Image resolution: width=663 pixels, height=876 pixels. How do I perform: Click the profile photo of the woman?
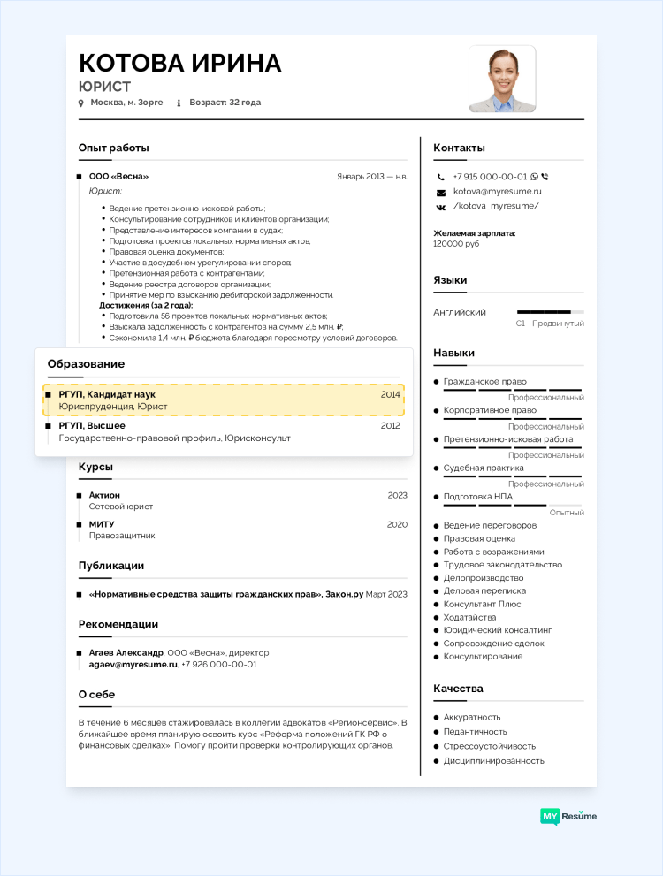click(502, 79)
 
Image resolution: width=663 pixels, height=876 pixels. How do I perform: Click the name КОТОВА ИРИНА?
click(180, 63)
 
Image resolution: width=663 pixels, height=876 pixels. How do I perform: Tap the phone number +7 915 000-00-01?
click(490, 177)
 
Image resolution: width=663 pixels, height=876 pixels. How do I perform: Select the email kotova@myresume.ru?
click(497, 191)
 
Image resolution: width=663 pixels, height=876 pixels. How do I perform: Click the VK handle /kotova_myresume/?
click(495, 206)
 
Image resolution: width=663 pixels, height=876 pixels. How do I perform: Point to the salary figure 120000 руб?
click(456, 243)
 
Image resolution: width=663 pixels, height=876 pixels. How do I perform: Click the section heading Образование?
click(86, 364)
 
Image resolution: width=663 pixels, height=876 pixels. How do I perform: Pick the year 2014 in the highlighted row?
click(390, 394)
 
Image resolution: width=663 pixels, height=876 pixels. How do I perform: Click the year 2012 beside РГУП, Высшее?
click(390, 425)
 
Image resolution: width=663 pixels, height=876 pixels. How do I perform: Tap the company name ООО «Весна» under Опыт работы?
click(118, 177)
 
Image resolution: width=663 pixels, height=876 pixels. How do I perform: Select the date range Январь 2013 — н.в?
click(372, 177)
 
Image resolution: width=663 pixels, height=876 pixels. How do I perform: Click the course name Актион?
click(104, 495)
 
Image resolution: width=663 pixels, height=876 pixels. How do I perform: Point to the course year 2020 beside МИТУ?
click(397, 524)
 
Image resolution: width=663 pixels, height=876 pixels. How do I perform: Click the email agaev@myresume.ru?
click(133, 664)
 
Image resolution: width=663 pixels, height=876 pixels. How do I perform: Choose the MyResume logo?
click(568, 816)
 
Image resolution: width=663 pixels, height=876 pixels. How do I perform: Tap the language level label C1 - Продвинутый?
click(550, 324)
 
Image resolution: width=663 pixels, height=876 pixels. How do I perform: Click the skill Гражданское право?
click(484, 382)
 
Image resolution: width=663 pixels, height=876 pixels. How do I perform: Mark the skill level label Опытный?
click(567, 513)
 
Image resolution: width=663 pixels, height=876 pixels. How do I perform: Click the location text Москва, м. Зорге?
click(126, 103)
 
